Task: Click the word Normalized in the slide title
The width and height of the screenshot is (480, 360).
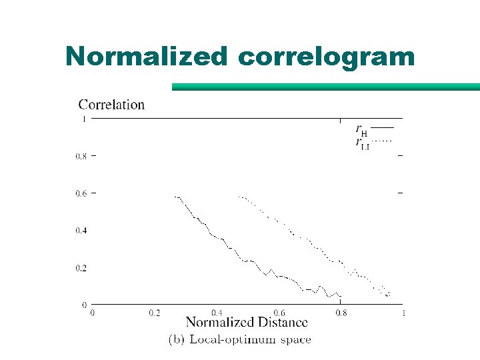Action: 147,57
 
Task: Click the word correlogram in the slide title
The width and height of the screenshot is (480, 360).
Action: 325,57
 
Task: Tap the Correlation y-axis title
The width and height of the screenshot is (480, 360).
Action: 111,104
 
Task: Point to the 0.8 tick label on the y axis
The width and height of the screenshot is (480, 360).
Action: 81,157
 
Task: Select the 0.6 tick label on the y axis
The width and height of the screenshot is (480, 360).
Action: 81,194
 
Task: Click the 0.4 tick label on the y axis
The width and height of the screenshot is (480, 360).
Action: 81,231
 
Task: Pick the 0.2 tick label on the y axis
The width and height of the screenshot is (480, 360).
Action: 81,268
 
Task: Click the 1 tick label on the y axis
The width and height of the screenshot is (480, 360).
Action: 83,119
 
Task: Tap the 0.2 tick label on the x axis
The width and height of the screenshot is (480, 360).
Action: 155,313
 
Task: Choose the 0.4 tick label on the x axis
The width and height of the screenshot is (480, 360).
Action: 217,313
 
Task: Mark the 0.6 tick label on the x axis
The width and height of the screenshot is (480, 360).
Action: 279,313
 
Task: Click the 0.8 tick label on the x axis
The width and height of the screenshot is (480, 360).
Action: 341,313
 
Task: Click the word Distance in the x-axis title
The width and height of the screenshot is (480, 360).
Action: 279,323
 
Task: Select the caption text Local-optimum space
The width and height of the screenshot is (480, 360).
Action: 251,339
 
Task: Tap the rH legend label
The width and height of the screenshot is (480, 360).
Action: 361,129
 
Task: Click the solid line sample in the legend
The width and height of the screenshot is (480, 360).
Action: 382,127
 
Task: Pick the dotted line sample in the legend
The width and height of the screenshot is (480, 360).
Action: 382,141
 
